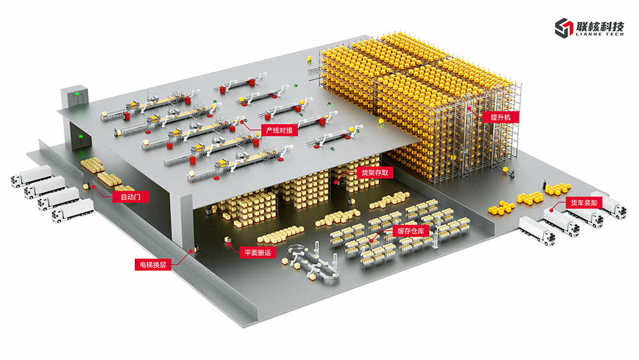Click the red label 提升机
tap(501, 118)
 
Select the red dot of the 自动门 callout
tap(94, 187)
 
